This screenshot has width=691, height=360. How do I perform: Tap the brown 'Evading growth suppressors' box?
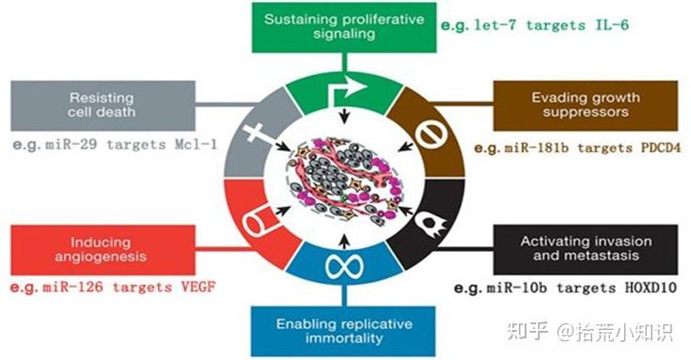[x=585, y=105]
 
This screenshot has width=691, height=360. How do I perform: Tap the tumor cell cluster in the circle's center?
[x=347, y=180]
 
